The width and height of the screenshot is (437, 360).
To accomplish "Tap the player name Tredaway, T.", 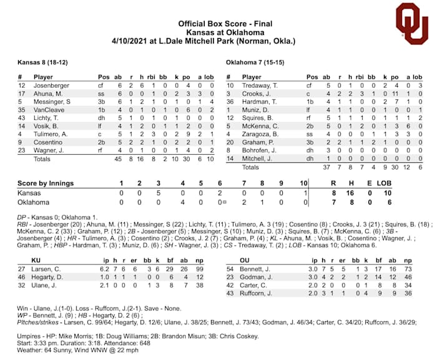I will [257, 85].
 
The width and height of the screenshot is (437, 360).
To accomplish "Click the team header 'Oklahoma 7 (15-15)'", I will [255, 63].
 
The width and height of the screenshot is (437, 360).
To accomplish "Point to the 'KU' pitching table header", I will [36, 259].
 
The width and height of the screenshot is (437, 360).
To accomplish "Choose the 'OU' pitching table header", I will [245, 259].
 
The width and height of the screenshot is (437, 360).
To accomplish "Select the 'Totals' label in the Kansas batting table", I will [41, 158].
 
